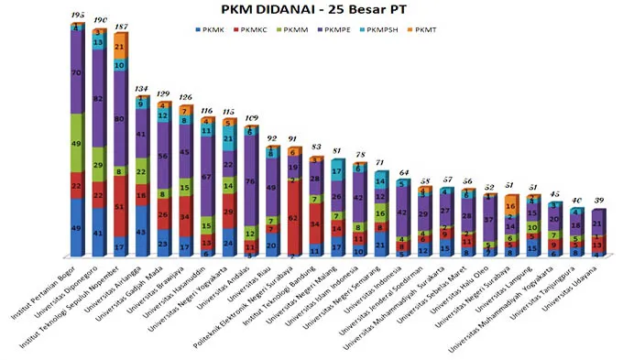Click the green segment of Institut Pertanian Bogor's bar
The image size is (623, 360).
[x=77, y=143]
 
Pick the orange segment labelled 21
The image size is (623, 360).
[x=121, y=46]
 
